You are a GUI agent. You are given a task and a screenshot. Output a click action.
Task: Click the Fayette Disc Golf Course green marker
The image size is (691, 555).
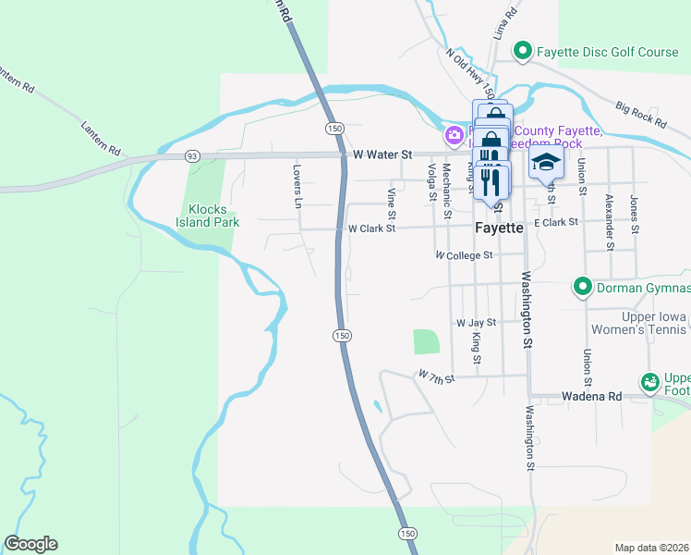click(522, 52)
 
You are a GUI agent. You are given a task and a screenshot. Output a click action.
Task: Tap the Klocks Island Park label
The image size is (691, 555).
click(208, 215)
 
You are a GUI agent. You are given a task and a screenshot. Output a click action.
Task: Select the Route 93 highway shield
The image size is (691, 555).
click(192, 156)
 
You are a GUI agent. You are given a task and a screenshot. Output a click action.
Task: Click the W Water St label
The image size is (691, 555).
click(382, 156)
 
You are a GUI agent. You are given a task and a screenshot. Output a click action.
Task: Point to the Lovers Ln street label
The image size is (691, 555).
click(297, 185)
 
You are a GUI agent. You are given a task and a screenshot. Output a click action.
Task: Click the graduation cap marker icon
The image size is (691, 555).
click(546, 163)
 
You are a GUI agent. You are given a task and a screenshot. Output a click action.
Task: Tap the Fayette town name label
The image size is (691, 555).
click(499, 228)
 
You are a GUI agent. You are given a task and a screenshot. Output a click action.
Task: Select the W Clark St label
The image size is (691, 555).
click(371, 228)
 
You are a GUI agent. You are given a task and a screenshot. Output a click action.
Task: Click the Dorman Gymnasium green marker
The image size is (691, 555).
click(582, 287)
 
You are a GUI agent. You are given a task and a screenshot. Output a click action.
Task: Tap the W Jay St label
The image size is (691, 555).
click(477, 323)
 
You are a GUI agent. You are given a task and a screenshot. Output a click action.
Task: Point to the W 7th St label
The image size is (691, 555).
click(436, 376)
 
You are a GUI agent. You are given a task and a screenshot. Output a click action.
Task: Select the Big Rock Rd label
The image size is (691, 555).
click(639, 115)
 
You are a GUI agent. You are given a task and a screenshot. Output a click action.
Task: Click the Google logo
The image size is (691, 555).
click(30, 544)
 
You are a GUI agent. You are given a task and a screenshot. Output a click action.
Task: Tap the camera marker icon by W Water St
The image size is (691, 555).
click(455, 136)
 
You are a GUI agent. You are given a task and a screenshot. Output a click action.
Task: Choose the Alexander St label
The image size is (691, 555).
click(610, 222)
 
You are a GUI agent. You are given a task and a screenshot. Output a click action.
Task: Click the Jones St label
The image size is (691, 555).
click(635, 213)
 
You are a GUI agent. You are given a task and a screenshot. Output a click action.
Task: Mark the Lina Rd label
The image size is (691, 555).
click(504, 22)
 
